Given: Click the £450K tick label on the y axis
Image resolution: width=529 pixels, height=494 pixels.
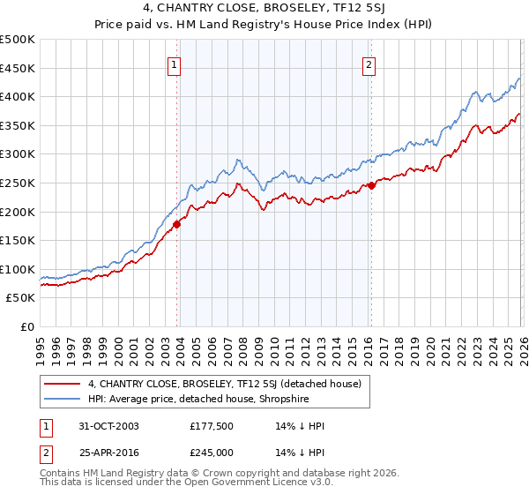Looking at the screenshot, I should [18, 68].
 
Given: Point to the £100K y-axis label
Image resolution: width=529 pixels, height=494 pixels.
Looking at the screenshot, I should [18, 269].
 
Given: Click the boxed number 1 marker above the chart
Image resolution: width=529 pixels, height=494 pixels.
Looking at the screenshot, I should [175, 64].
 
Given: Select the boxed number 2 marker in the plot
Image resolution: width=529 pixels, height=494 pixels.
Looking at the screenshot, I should [369, 64].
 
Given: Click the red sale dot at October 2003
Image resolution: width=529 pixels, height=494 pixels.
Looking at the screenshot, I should [177, 224].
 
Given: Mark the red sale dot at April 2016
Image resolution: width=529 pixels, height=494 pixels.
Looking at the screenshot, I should [371, 185].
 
